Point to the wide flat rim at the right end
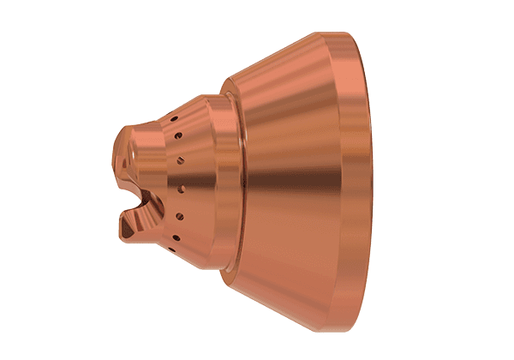[x=360, y=180]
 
